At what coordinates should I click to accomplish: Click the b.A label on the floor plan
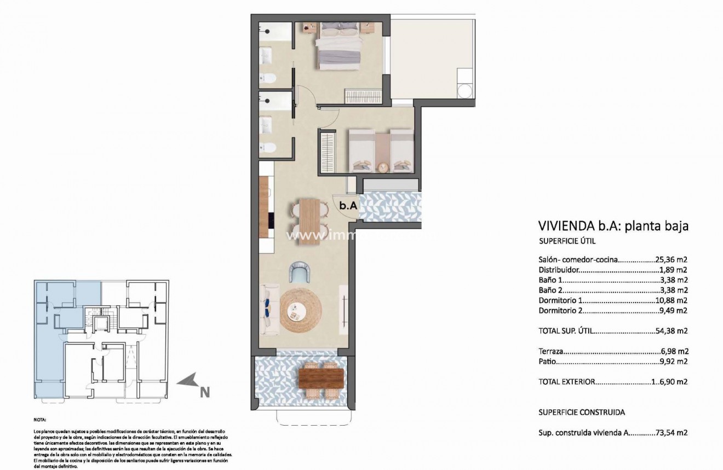[x=348, y=206]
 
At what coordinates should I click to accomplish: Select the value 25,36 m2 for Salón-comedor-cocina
[x=671, y=260]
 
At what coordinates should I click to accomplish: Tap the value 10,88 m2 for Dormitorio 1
[x=671, y=300]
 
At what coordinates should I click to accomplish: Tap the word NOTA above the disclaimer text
[x=40, y=421]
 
